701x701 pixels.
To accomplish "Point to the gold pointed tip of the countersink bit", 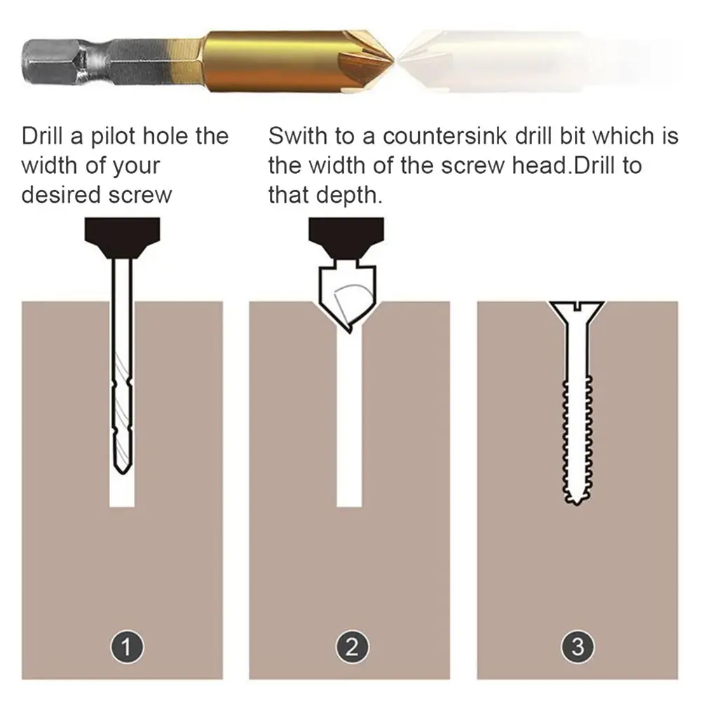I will coord(389,59).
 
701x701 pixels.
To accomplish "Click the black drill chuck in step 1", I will coord(122,237).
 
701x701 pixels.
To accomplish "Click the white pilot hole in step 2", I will coord(349,421).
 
